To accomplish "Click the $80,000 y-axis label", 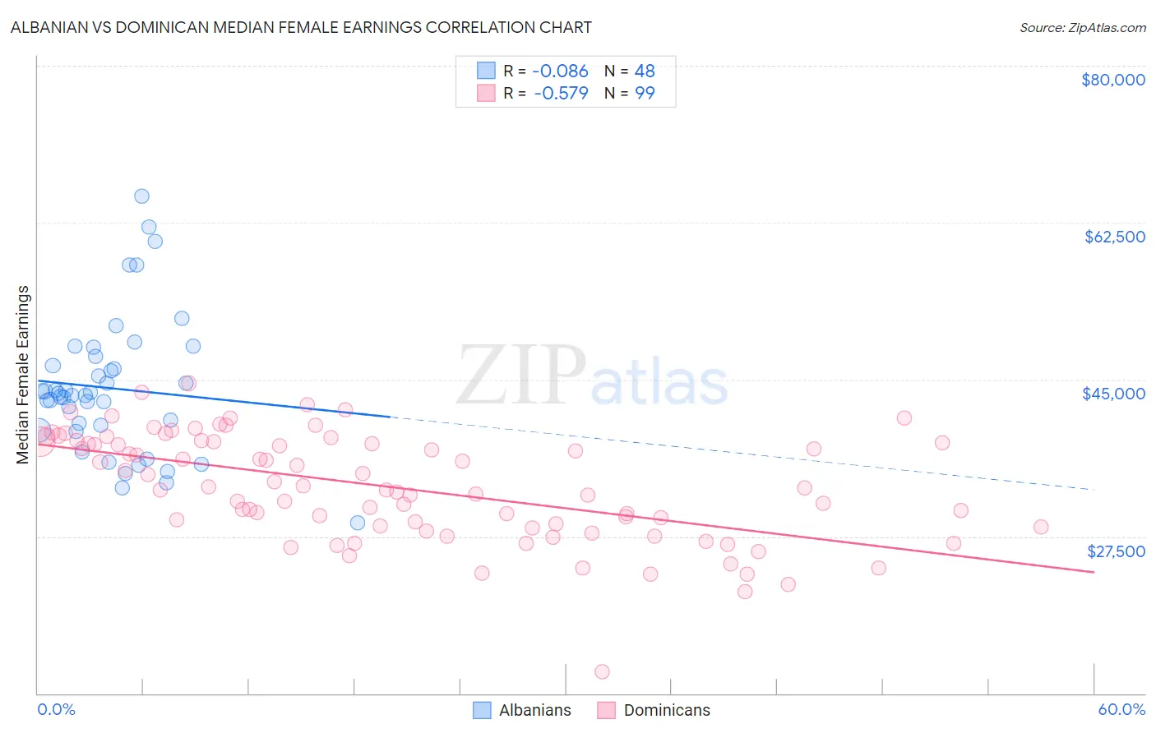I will tap(1112, 80).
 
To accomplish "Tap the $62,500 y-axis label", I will tap(1114, 237).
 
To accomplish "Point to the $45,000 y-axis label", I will tap(1113, 394).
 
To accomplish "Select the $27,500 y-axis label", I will tap(1116, 551).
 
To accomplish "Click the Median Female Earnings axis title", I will tap(23, 375).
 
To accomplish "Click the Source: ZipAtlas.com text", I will tap(1082, 27).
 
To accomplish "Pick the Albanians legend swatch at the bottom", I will tap(482, 710).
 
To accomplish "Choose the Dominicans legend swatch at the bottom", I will tap(607, 710).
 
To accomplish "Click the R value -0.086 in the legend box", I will tap(561, 71).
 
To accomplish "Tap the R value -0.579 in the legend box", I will tap(561, 93).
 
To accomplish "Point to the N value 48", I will tap(645, 71).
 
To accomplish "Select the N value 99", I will tap(645, 93).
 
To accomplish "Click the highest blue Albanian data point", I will tap(141, 196).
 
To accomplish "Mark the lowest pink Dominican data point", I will tap(602, 672).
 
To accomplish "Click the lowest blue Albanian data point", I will tap(358, 523).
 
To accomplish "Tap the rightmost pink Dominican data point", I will tap(1041, 528).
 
